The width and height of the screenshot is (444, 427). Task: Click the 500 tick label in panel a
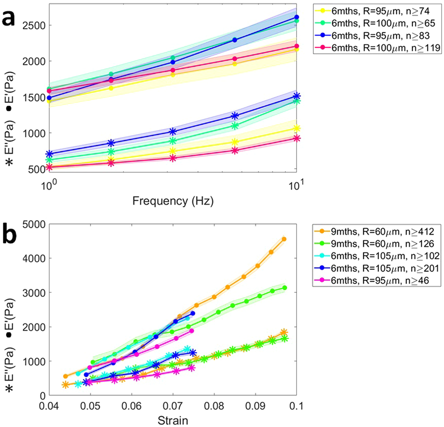click(36, 169)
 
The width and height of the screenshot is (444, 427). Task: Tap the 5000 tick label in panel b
click(33, 224)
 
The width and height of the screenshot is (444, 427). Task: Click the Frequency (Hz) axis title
click(172, 202)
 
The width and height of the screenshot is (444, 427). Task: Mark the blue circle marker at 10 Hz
click(297, 17)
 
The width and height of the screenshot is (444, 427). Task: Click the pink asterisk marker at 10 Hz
click(297, 138)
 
